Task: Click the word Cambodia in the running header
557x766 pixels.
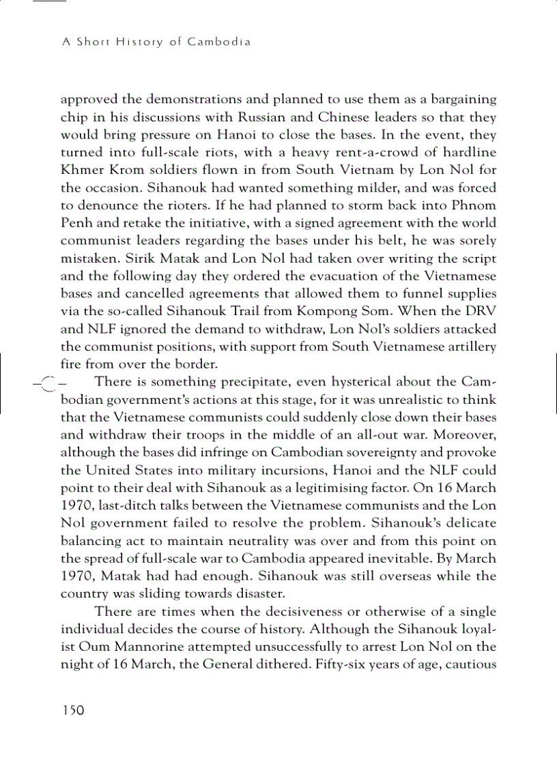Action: click(x=219, y=42)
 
